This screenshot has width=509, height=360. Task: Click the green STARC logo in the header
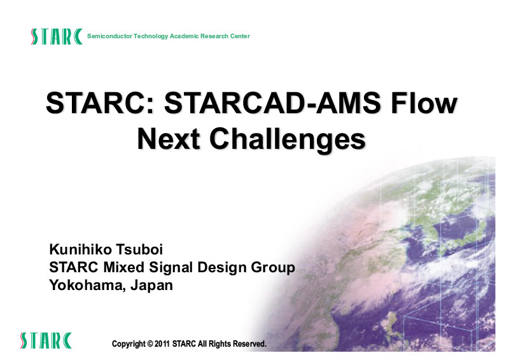[57, 36]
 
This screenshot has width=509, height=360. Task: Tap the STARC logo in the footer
[46, 340]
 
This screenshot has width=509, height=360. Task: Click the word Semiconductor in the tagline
[109, 36]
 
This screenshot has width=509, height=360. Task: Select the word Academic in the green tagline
[184, 36]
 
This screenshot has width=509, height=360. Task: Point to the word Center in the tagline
[240, 36]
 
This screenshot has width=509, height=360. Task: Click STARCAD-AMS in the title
[272, 103]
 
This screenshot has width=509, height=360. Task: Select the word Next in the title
[168, 139]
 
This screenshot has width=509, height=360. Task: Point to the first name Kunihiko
[81, 249]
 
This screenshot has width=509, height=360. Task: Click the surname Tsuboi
[139, 249]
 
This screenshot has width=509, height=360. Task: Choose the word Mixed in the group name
[123, 268]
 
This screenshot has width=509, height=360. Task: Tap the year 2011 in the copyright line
[162, 343]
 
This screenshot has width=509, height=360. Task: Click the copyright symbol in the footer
[150, 343]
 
